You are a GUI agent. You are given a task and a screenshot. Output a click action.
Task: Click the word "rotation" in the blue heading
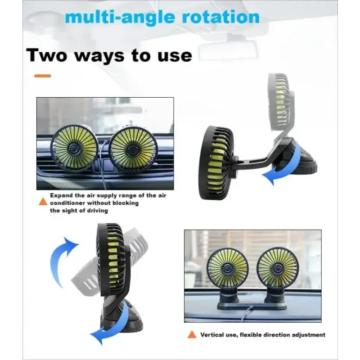(x=220, y=18)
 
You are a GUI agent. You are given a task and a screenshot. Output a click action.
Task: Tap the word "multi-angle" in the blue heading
(x=120, y=18)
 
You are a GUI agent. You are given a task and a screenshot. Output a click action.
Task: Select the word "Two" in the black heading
(x=47, y=55)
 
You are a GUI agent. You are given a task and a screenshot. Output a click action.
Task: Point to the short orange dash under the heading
(x=43, y=76)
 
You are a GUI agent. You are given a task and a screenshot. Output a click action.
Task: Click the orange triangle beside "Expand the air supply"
(x=43, y=201)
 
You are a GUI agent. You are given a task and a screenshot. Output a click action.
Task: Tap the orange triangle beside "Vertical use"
(x=192, y=334)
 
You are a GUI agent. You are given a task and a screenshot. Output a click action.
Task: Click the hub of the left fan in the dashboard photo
(x=227, y=268)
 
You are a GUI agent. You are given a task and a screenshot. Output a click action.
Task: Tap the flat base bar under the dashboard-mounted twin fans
(x=252, y=306)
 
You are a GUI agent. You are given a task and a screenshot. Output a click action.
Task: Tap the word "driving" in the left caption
(x=96, y=211)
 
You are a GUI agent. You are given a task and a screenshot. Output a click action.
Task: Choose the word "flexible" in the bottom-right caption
(x=251, y=335)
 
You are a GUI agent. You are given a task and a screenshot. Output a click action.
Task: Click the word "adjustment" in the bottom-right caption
(x=308, y=335)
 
